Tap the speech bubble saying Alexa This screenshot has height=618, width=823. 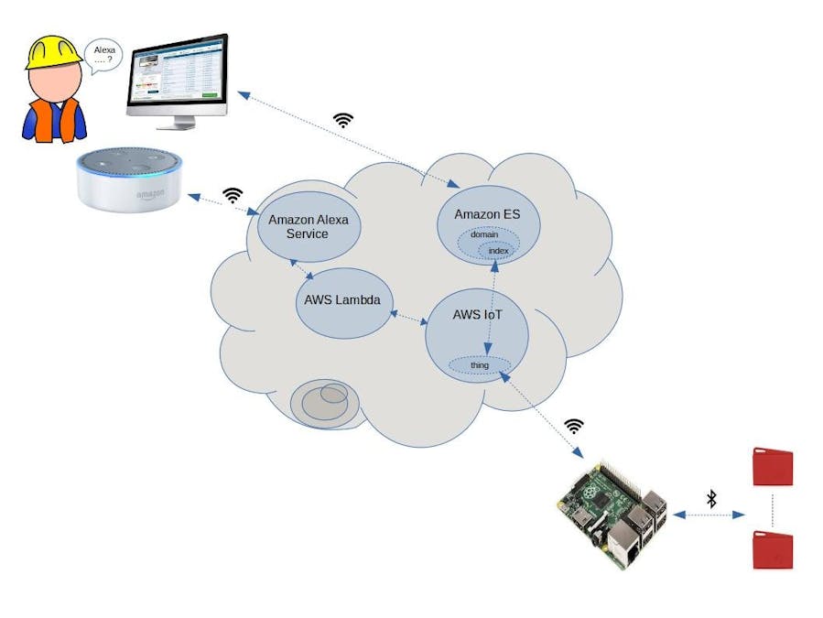click(103, 56)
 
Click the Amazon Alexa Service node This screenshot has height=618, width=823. click(302, 226)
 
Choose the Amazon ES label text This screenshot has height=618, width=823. click(486, 213)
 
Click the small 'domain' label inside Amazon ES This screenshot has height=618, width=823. click(484, 235)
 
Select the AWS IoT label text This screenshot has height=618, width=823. click(477, 315)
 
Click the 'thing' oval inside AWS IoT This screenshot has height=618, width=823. click(480, 365)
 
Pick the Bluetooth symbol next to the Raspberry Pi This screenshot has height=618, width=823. click(710, 499)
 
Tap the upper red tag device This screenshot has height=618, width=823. click(772, 467)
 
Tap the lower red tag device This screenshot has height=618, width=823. click(772, 549)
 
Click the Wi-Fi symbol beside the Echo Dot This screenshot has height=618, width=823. click(233, 195)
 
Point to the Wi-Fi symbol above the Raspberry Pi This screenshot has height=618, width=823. click(574, 426)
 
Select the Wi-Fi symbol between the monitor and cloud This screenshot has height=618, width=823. click(342, 120)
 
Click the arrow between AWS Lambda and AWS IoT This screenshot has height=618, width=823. click(410, 317)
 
